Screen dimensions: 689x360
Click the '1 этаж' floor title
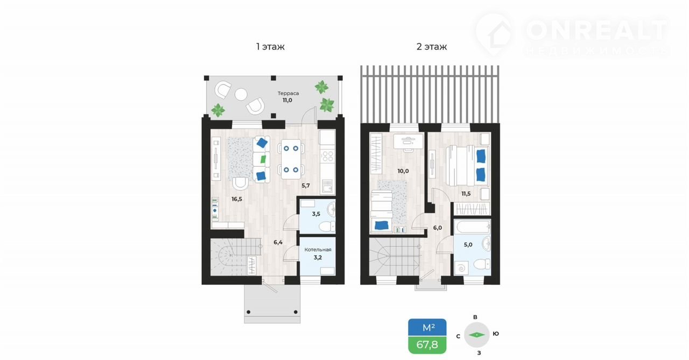270,47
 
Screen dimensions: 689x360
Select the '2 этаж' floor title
432,47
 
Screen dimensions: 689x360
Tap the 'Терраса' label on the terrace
288,93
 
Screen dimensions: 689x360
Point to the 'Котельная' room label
318,250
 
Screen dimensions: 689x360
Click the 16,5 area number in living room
237,199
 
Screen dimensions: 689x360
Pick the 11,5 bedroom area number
466,194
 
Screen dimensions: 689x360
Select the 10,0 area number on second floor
403,171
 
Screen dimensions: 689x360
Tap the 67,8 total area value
427,344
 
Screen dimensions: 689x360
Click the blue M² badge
427,327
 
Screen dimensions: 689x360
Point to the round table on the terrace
241,94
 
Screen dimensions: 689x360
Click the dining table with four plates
291,159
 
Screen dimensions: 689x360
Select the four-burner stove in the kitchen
327,156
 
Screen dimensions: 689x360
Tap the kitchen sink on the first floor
327,186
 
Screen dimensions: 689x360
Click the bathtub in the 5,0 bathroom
472,228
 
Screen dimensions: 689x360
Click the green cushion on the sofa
263,159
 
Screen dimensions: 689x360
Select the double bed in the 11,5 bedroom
467,165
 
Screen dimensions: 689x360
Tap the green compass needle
476,335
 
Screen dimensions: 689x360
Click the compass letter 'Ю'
496,334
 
